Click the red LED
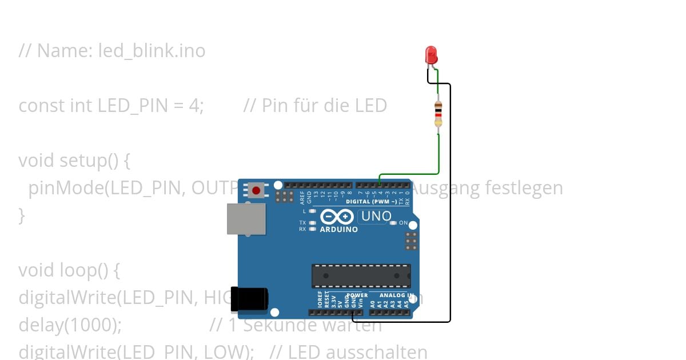pyautogui.click(x=431, y=55)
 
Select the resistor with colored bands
pyautogui.click(x=438, y=114)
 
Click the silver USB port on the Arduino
pyautogui.click(x=246, y=219)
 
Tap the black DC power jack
pyautogui.click(x=249, y=299)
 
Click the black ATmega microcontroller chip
pyautogui.click(x=361, y=275)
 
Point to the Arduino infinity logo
pyautogui.click(x=337, y=217)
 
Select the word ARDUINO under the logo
pyautogui.click(x=339, y=230)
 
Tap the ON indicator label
pyautogui.click(x=404, y=223)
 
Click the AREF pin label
pyautogui.click(x=302, y=197)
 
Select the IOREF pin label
pyautogui.click(x=320, y=299)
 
